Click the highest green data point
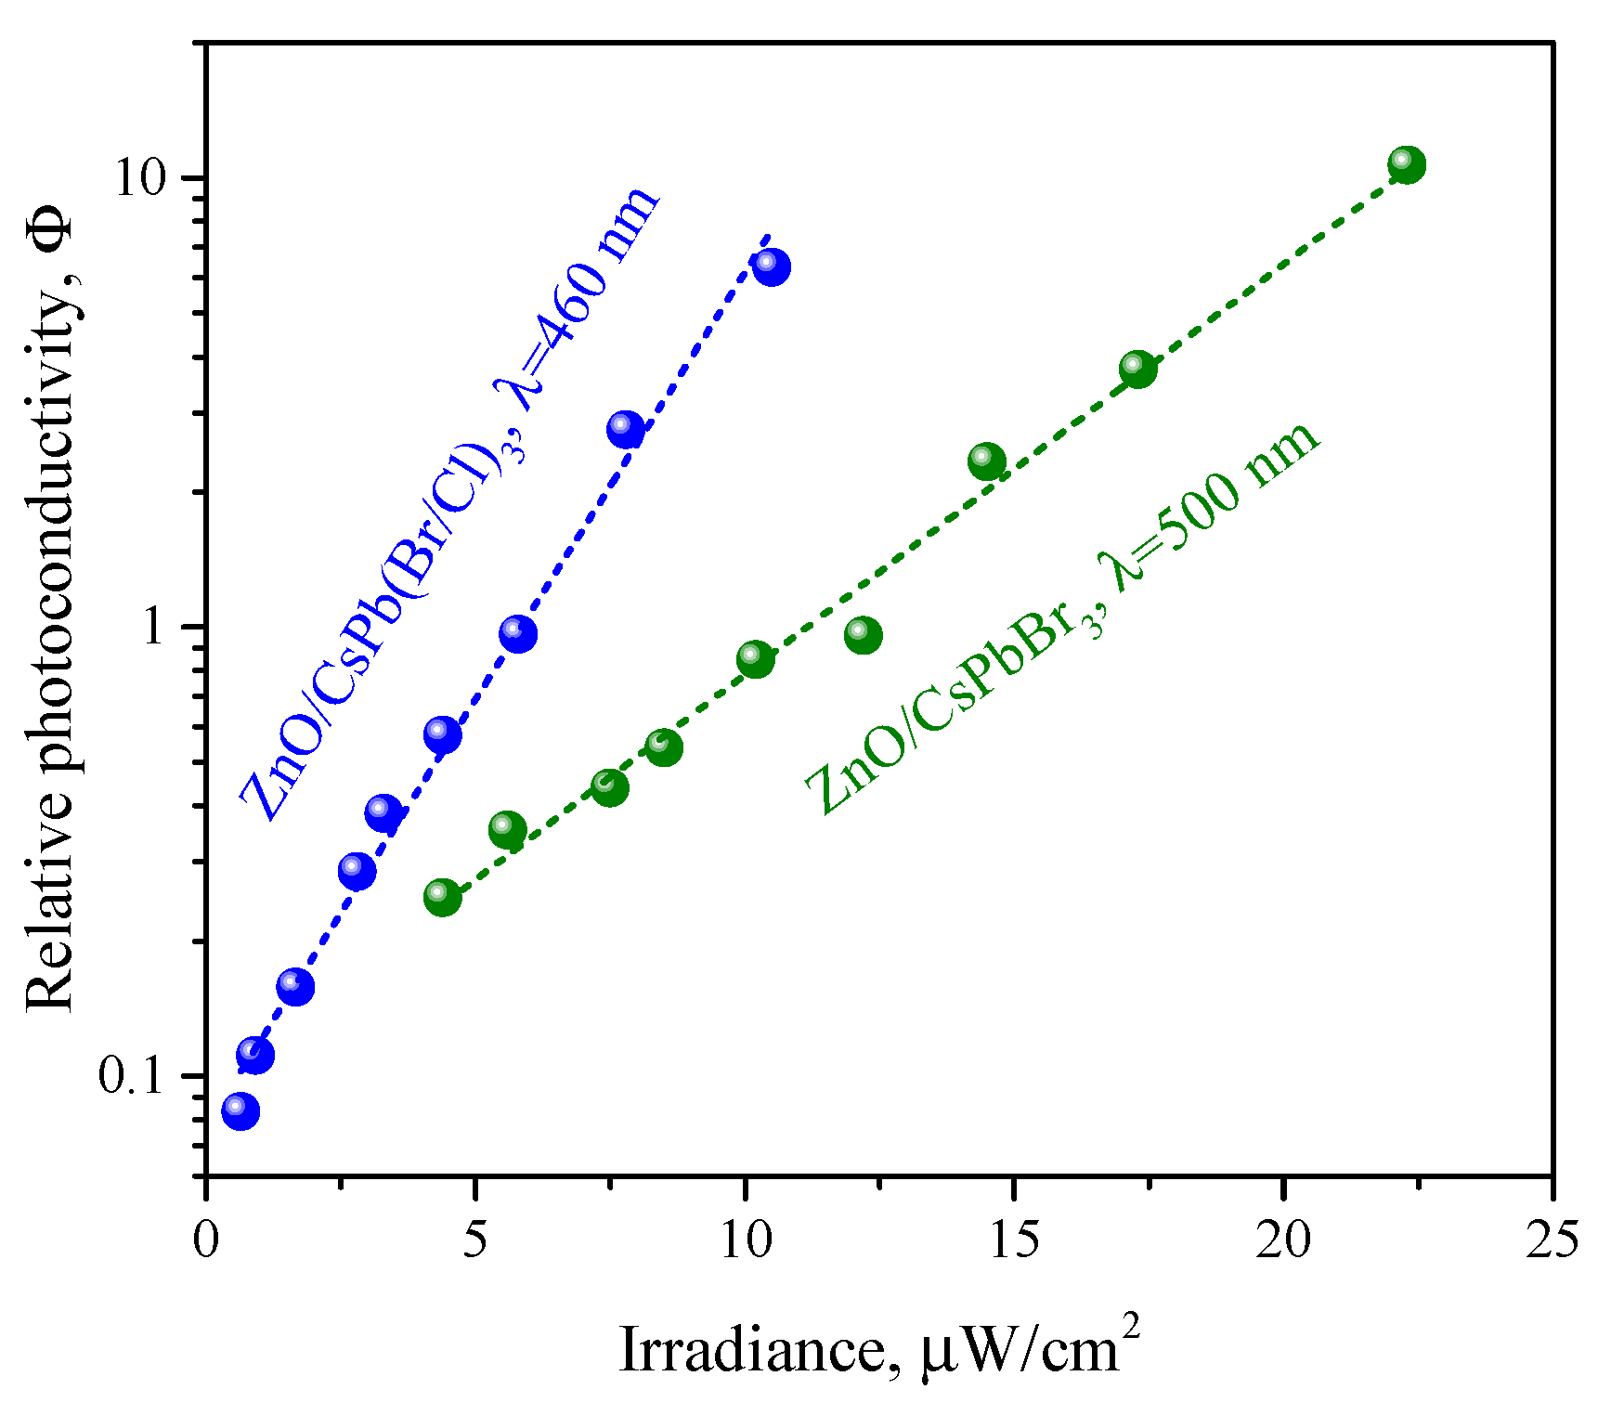click(1407, 164)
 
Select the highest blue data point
click(772, 267)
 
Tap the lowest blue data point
click(240, 1110)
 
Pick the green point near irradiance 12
click(863, 635)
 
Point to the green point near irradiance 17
click(1137, 369)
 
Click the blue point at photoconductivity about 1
click(517, 633)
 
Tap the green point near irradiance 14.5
click(986, 461)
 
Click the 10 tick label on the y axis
click(148, 177)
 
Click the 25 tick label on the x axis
click(1552, 1240)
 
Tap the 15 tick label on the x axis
click(1013, 1240)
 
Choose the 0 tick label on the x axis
click(206, 1240)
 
